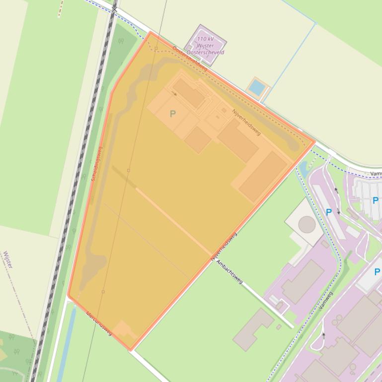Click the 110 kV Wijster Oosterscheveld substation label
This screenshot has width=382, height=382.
point(205,45)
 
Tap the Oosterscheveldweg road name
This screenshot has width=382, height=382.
point(190,59)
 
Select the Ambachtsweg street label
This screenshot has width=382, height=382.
point(229,272)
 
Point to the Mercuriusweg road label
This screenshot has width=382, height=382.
point(98,323)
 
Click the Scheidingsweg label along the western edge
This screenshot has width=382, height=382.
point(97,164)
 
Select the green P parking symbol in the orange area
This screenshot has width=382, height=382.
point(172,114)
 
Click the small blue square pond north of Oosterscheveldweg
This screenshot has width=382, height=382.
point(257,88)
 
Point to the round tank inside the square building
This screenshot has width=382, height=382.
point(306,225)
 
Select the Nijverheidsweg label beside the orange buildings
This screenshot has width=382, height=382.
point(246,122)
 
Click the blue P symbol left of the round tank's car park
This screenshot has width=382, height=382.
point(328,212)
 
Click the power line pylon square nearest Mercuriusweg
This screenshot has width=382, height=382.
point(103,292)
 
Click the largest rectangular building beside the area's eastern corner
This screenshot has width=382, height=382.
point(263,176)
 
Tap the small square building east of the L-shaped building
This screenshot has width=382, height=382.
point(279,327)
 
